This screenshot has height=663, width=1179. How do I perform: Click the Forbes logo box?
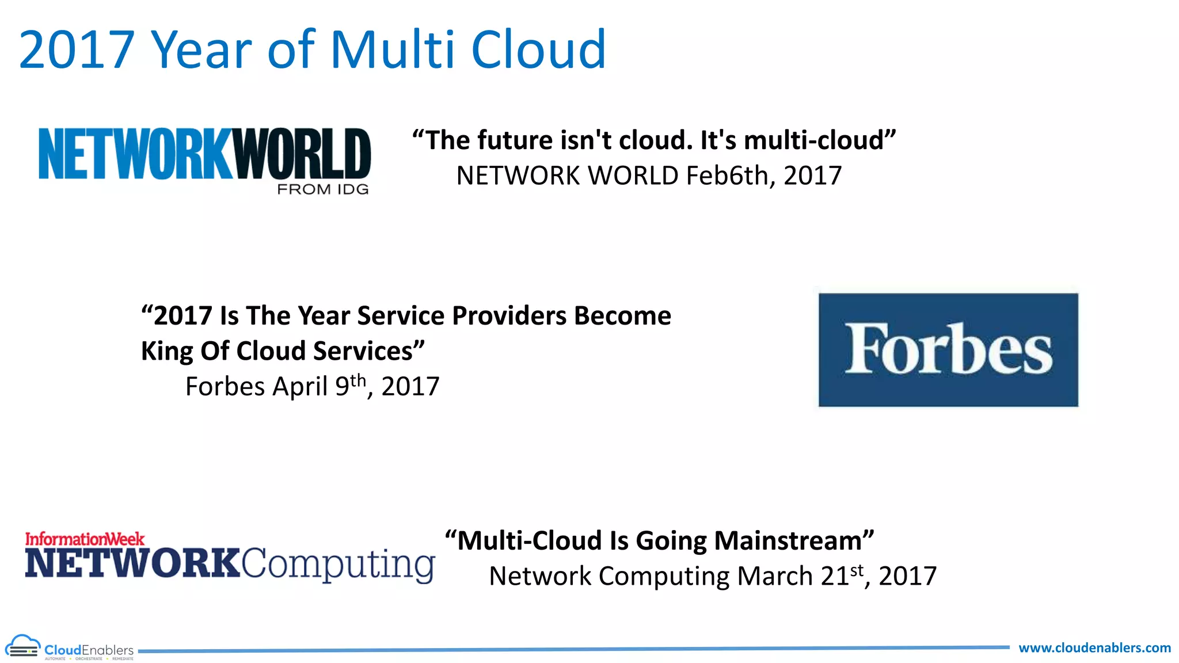(948, 350)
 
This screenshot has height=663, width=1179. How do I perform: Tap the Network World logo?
(204, 154)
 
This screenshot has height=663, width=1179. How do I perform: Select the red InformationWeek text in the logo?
(85, 539)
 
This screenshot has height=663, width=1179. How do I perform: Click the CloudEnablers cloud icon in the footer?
(22, 647)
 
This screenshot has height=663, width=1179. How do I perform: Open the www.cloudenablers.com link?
(1094, 648)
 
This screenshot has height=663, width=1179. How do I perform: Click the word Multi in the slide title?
(395, 49)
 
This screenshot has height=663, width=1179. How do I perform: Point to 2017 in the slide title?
(77, 49)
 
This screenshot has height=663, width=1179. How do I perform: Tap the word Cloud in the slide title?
(538, 49)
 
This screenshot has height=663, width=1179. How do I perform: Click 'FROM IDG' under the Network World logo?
(322, 189)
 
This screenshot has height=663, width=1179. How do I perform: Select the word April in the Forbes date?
(300, 386)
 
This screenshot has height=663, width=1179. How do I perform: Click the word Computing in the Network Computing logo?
(338, 564)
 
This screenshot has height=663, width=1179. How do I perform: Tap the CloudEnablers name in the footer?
(89, 650)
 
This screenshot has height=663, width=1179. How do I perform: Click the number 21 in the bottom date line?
(834, 576)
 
